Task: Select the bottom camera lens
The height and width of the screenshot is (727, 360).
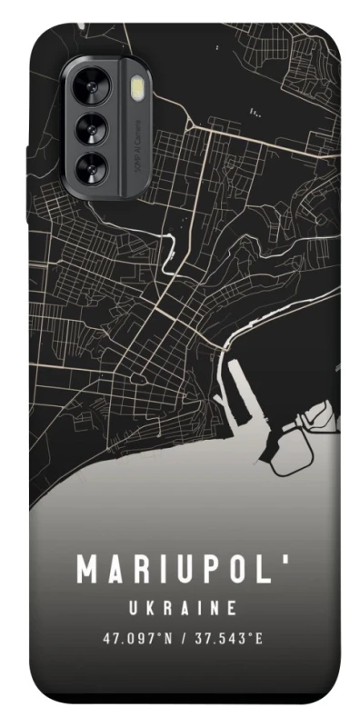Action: click(x=94, y=166)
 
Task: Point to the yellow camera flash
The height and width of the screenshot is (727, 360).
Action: click(x=138, y=88)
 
